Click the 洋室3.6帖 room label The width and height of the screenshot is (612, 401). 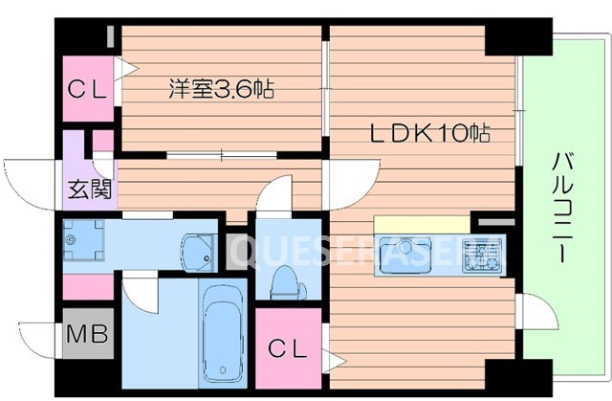(222, 92)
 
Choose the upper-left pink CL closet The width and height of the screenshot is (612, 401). (89, 88)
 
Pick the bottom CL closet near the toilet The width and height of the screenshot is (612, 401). (287, 348)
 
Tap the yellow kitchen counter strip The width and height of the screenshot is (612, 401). (422, 223)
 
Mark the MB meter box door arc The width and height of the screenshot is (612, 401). (38, 335)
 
